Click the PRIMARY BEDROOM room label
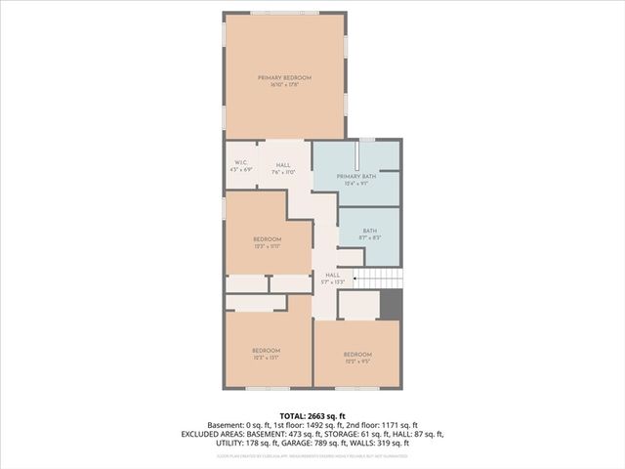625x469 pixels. coord(284,77)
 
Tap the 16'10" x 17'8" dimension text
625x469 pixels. coord(284,85)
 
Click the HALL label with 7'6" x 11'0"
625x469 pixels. coord(283,165)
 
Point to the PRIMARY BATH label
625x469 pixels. coord(355,177)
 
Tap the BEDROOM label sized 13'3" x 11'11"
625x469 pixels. coord(268,239)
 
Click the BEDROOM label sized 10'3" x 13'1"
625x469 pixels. coord(266,350)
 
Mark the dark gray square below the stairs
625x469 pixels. coord(391,304)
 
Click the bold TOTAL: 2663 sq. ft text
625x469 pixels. coord(312,415)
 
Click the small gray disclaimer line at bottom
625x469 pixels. coord(312,455)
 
